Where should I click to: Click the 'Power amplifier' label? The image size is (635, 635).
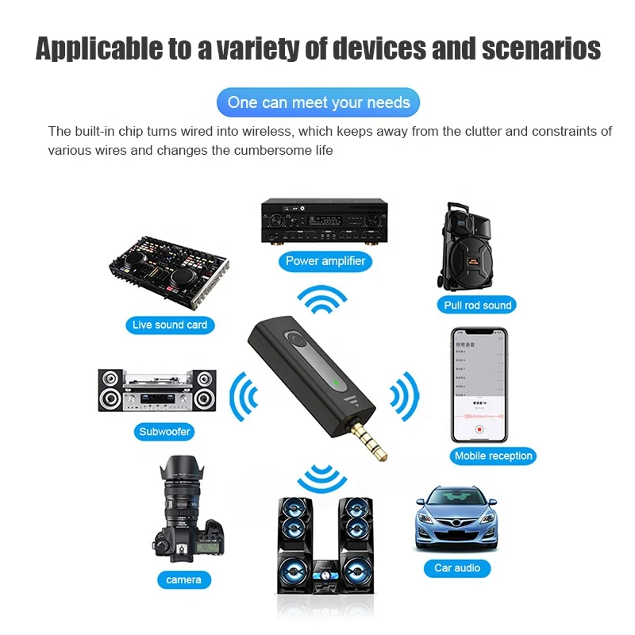tap(325, 260)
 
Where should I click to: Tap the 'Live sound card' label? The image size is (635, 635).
tap(170, 325)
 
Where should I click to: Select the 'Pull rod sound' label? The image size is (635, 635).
tap(478, 305)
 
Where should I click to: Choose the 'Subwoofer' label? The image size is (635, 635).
tap(165, 432)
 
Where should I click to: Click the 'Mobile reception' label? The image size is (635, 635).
tap(493, 456)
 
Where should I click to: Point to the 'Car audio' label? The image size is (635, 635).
tap(457, 568)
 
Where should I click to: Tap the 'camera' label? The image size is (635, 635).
tap(183, 579)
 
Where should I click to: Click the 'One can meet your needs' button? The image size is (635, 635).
tap(318, 102)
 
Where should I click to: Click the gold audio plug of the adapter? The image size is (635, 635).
tap(367, 441)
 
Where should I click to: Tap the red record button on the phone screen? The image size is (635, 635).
tap(479, 429)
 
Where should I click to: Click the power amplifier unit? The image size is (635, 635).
tap(325, 220)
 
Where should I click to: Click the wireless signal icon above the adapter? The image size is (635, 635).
tap(322, 302)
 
